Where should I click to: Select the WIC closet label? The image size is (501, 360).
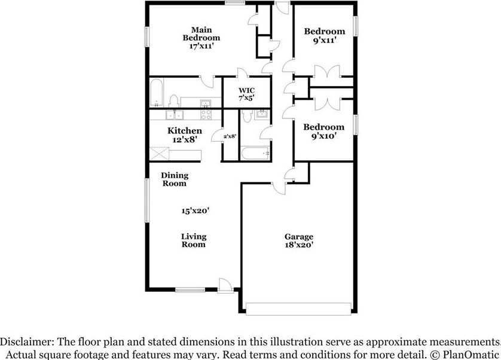[x=238, y=90]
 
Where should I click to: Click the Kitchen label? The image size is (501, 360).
[x=184, y=131]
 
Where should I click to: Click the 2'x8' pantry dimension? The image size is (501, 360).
[x=230, y=136]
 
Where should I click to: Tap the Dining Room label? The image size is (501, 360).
[x=175, y=179]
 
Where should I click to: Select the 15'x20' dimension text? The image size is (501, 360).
[x=194, y=210]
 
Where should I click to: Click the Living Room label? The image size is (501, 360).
[x=194, y=240]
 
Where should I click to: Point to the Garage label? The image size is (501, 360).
[x=298, y=236]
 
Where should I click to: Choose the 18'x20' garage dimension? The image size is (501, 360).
[x=299, y=245]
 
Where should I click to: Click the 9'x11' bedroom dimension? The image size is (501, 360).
[x=324, y=41]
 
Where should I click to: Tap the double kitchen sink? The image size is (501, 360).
[x=175, y=116]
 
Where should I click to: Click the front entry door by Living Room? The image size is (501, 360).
[x=225, y=286]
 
